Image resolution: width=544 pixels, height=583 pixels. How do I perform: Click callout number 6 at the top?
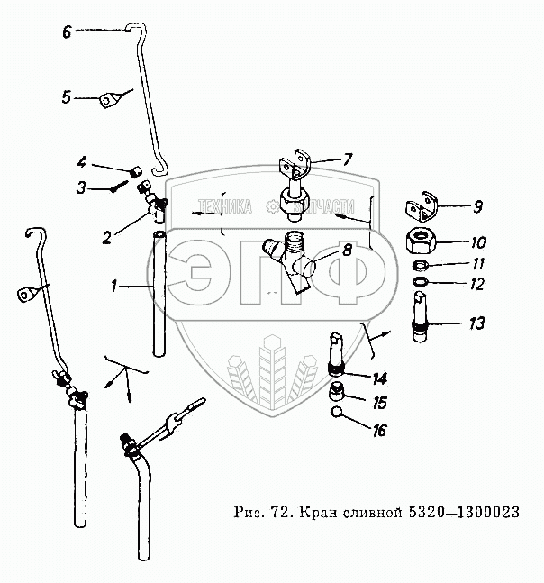click(67, 32)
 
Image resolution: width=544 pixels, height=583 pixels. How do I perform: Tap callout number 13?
click(476, 323)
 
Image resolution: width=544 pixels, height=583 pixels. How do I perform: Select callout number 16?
click(379, 430)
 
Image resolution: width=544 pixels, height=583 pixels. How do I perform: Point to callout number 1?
click(113, 286)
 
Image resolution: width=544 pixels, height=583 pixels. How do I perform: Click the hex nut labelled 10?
click(421, 241)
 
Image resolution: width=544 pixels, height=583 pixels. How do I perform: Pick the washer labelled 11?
click(421, 266)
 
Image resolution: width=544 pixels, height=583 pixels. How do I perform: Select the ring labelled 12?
click(420, 282)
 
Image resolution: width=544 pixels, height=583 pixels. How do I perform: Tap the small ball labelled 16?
click(337, 412)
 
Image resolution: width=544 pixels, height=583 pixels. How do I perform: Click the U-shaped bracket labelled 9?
click(422, 206)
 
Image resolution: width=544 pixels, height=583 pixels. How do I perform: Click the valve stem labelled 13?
click(421, 316)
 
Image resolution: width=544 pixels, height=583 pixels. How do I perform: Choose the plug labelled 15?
click(337, 391)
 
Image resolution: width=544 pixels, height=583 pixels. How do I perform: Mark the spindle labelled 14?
click(337, 352)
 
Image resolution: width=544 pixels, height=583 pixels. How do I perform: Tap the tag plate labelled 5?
click(108, 100)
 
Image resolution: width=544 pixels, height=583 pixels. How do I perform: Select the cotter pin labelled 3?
click(119, 186)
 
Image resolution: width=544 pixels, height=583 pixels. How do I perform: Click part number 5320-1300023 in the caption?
click(464, 513)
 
